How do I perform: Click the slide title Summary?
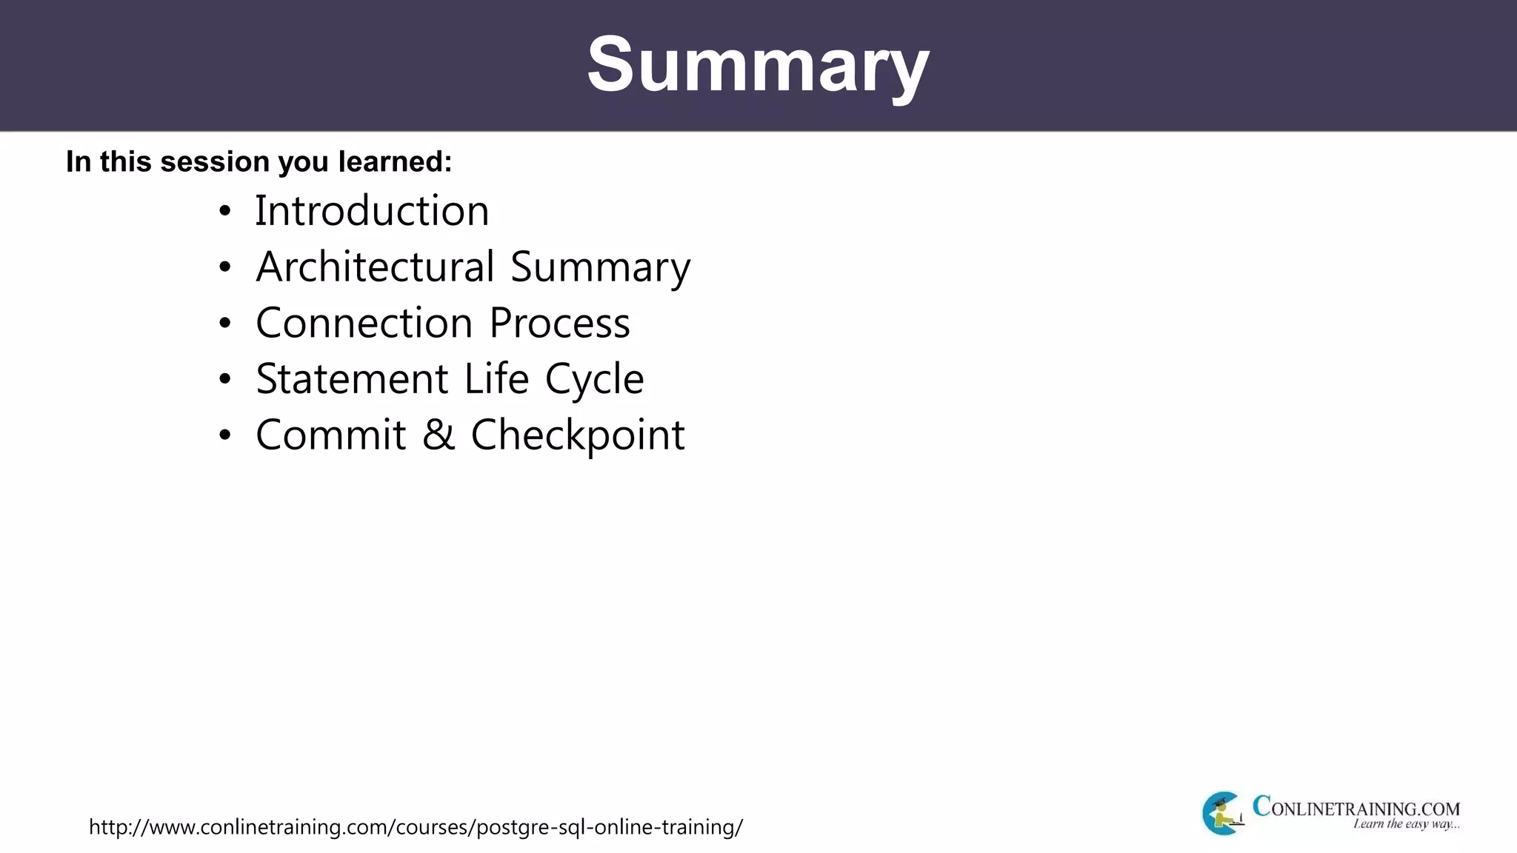758,65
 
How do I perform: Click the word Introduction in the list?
372,211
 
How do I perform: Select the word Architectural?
375,267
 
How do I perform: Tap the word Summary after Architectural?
600,268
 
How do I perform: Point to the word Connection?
364,324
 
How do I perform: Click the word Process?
559,324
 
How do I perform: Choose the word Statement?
352,379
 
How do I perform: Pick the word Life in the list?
496,379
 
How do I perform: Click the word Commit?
330,435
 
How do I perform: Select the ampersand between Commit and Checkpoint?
439,435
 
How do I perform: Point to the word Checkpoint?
578,436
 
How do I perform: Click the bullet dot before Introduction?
225,212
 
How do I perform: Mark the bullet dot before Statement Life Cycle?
225,380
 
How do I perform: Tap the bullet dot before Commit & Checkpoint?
225,435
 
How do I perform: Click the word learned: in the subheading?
395,161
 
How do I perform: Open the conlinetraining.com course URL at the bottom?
416,827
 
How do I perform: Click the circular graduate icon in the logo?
1222,813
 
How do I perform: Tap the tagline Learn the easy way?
1406,824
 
